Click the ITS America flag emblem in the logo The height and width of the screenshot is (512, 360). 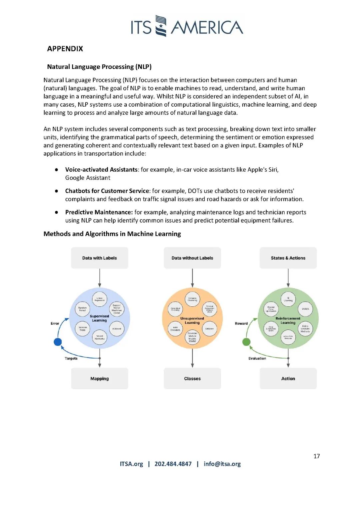point(161,26)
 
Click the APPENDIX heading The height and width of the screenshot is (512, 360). point(65,49)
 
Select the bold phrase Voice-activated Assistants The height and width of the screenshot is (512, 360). point(101,170)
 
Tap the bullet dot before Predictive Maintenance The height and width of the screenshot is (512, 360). point(57,212)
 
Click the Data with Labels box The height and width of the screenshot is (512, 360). point(99,258)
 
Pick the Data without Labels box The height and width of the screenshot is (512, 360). point(192,258)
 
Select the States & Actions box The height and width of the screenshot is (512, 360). point(288,258)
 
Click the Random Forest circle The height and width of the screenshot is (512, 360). point(82,309)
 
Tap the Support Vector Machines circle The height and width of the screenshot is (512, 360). point(117,309)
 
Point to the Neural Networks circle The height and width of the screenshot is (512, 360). point(99,337)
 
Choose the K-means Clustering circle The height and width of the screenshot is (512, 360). point(192,299)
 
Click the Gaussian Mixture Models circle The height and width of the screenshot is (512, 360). point(192,337)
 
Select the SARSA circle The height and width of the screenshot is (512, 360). point(305,309)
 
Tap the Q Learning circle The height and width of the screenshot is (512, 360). point(288,299)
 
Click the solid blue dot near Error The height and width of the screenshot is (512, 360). point(58,342)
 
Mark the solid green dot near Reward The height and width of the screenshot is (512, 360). point(246,342)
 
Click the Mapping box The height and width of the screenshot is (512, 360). point(99,379)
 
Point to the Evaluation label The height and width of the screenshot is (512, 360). point(257,359)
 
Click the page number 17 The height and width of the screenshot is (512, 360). point(317,456)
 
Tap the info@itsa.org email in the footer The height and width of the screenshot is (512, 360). point(222,464)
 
